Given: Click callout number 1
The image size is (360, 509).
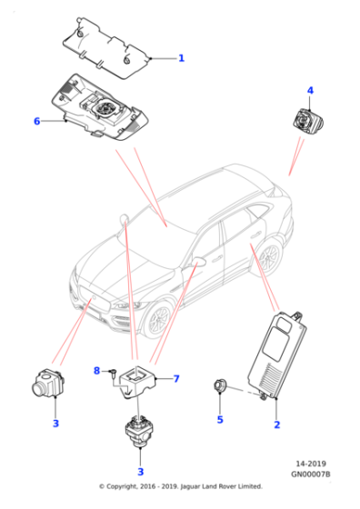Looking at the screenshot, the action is [x=181, y=58].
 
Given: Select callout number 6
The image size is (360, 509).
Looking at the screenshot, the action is [x=37, y=121].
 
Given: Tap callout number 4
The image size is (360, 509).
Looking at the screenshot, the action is [x=310, y=91].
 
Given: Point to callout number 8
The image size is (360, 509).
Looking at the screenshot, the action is [x=96, y=371].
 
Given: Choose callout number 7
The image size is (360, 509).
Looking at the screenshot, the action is [x=176, y=379].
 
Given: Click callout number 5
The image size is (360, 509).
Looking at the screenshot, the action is [x=220, y=420].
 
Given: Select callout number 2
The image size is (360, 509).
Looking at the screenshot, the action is [x=277, y=424].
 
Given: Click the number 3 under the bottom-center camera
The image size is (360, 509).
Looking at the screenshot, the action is [x=141, y=472].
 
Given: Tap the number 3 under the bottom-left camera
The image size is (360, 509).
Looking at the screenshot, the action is [x=55, y=424].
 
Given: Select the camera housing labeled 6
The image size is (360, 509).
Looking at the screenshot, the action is [x=100, y=107].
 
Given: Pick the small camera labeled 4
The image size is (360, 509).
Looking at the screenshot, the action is [x=307, y=120].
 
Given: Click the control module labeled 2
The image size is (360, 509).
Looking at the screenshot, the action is [x=276, y=354].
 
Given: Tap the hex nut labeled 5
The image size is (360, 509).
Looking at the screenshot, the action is [x=220, y=386].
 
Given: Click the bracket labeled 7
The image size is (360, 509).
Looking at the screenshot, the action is [x=137, y=382].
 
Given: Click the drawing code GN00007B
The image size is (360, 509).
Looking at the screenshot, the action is [x=310, y=474].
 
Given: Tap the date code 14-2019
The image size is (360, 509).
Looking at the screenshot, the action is [x=311, y=464].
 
